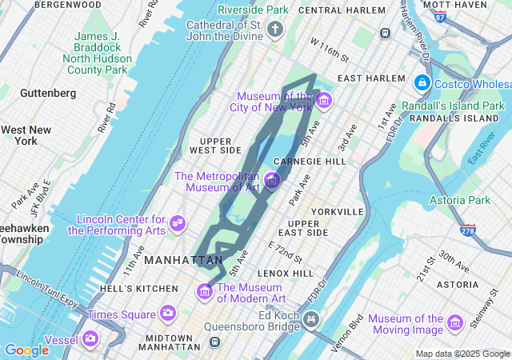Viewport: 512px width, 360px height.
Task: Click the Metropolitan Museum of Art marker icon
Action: click(271, 181)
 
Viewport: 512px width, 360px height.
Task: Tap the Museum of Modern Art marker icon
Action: click(205, 293)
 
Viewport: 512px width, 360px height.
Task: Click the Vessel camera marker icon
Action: click(90, 339)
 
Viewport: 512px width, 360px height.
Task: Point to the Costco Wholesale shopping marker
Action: click(421, 83)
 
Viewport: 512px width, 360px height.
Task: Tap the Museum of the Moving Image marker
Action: click(455, 323)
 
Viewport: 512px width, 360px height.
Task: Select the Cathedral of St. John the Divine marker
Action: click(275, 30)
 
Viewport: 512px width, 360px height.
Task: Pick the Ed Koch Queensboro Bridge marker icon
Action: click(310, 320)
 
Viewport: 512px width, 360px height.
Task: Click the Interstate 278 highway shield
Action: click(466, 230)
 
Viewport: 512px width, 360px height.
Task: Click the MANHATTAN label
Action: click(185, 260)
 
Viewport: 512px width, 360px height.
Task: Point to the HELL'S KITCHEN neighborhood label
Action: click(139, 288)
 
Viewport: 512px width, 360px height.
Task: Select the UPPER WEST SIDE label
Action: click(215, 146)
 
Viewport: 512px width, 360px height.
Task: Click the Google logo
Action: click(27, 350)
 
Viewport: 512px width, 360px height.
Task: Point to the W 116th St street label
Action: click(330, 49)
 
